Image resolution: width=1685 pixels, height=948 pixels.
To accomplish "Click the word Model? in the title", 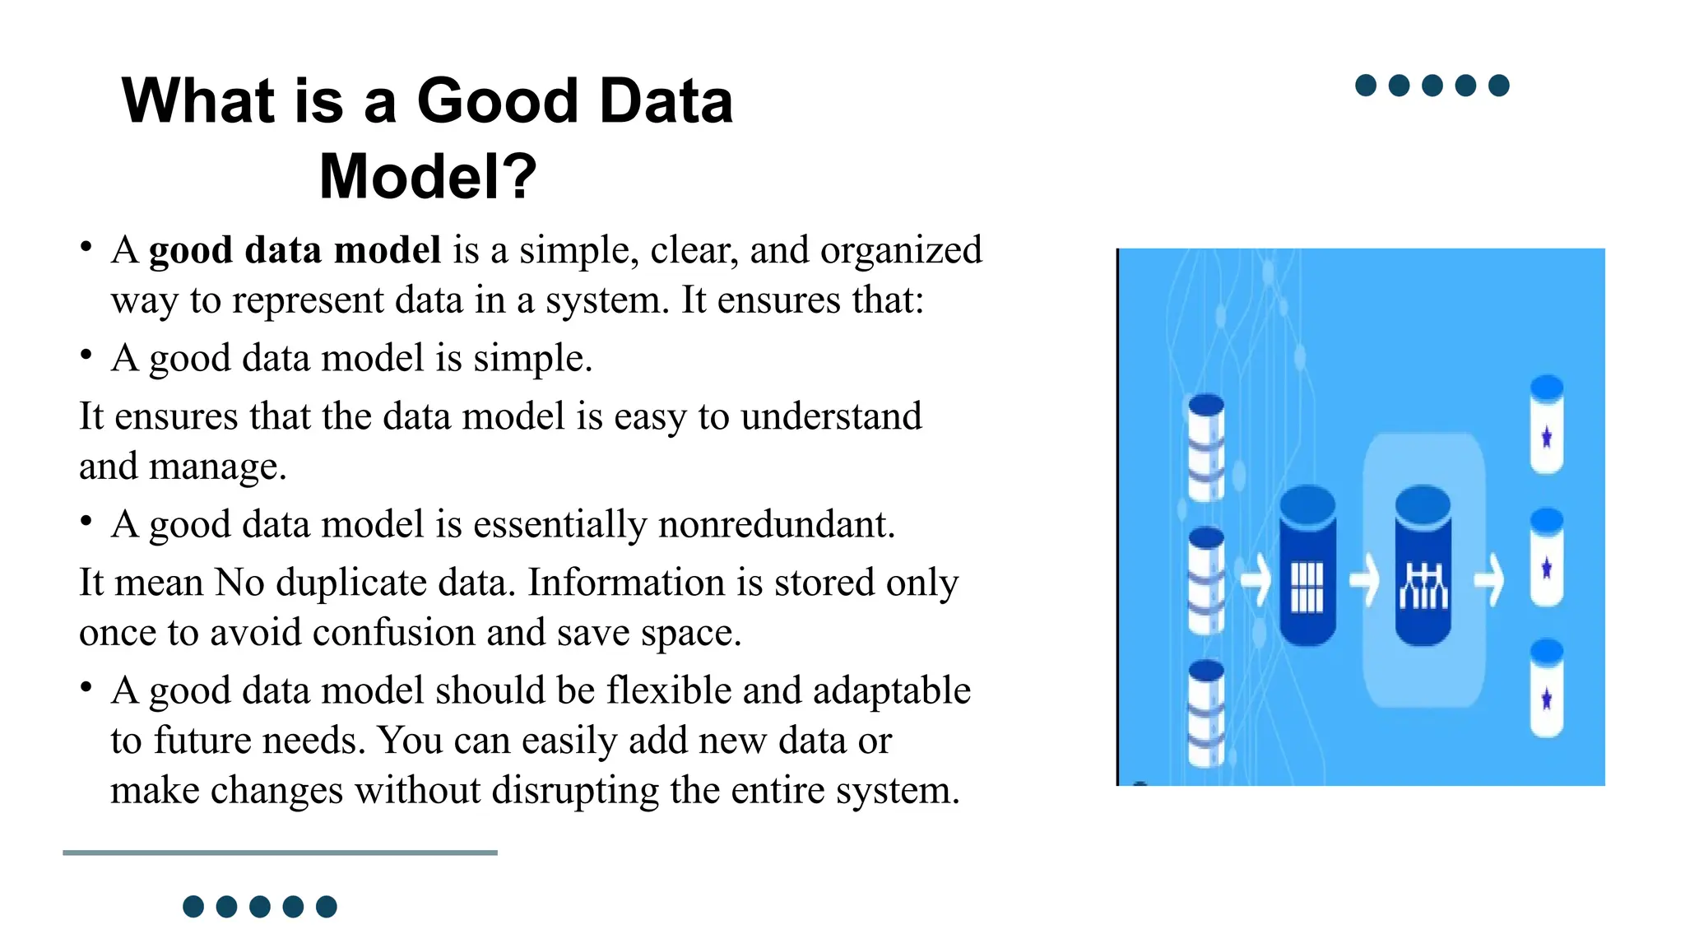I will pyautogui.click(x=428, y=176).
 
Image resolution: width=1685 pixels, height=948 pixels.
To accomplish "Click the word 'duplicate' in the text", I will pyautogui.click(x=355, y=583).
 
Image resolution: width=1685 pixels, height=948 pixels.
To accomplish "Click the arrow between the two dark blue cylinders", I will pyautogui.click(x=1365, y=581).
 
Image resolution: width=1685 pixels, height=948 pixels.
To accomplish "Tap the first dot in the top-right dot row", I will pyautogui.click(x=1366, y=86).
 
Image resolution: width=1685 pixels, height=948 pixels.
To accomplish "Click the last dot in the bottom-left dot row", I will pyautogui.click(x=327, y=907).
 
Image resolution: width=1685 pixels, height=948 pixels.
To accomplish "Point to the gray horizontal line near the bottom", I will pyautogui.click(x=280, y=853).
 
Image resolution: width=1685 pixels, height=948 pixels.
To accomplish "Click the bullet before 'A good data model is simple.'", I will pyautogui.click(x=86, y=355).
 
